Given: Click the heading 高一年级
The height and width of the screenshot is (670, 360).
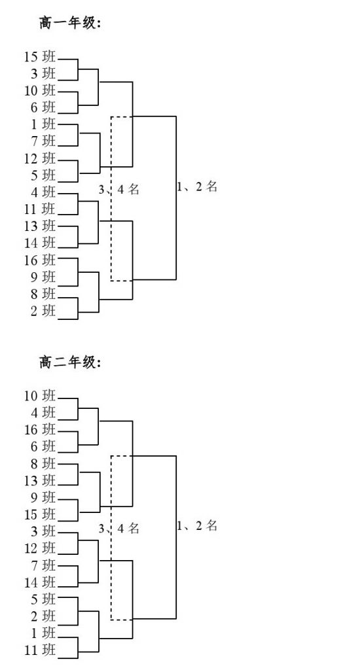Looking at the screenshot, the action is point(69,23).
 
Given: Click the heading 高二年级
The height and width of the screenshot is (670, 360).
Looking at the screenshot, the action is point(69,362).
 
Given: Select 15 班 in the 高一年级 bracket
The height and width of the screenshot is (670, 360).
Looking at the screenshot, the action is point(40,56).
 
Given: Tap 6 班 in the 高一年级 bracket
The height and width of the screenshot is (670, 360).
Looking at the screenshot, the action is point(43,107).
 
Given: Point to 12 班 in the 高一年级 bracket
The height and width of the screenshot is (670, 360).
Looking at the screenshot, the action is point(40,158).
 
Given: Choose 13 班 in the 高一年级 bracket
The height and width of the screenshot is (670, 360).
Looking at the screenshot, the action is point(40,226).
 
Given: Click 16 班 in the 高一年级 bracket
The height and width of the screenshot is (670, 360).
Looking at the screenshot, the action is point(40,260).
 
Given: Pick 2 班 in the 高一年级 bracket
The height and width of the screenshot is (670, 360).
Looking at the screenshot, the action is point(43,311).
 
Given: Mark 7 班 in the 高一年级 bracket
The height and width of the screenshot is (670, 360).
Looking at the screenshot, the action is point(43,141).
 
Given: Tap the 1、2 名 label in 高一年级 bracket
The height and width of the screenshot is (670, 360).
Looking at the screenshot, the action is point(197,186).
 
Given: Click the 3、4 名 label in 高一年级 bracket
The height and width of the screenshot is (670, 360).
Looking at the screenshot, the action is point(119,189).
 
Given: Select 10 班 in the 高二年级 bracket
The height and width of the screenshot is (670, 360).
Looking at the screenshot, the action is point(40,396).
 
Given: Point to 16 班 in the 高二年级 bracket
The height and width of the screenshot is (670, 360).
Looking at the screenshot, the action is point(40,429).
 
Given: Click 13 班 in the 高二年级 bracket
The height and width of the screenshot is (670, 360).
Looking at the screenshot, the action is point(40,481).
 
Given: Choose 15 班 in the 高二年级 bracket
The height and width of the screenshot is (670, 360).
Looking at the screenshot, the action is point(40,514).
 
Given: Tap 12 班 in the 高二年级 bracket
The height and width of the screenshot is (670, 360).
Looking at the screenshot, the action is point(40,548).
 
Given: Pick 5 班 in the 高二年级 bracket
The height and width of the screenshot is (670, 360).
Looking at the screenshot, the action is point(43,599).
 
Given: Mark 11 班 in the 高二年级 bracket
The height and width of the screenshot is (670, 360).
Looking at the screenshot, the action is point(40,650).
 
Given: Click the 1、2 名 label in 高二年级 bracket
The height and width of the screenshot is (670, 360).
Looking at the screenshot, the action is point(197,525).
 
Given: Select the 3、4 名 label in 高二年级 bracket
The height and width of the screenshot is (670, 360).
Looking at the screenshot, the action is point(119,529).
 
